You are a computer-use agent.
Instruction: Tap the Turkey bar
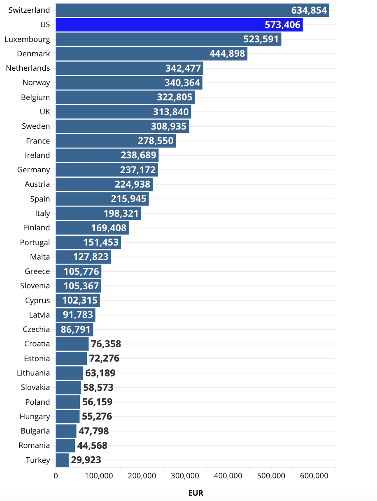coord(62,460)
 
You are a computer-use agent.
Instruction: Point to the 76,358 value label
coord(106,344)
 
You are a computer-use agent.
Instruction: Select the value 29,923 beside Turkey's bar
coord(86,460)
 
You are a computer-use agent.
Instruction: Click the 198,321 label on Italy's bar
coord(121,213)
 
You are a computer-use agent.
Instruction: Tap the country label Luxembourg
coord(27,39)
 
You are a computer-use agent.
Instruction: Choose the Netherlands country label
coord(28,68)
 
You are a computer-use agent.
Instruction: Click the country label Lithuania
coord(33,373)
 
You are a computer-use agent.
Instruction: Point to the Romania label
coord(34,445)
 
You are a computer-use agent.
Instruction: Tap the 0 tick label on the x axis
coord(56,476)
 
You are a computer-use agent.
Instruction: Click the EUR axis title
coord(196,493)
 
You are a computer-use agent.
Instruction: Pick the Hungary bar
coord(67,416)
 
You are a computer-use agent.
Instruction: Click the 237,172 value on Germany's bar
coord(138,170)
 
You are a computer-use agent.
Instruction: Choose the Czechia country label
coord(37,329)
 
